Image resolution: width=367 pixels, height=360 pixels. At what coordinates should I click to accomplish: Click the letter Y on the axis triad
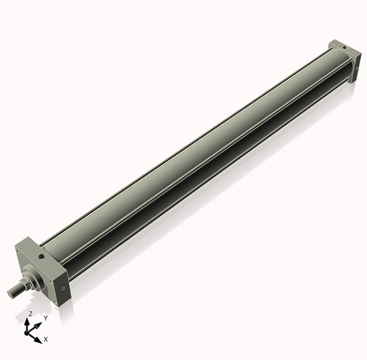[46, 318]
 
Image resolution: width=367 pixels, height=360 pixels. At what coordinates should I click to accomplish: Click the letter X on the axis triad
[46, 339]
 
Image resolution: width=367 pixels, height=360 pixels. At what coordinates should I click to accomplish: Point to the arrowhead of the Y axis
[39, 323]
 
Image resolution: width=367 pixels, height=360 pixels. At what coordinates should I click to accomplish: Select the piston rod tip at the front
[12, 292]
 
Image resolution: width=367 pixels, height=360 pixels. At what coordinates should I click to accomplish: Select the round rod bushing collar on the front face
[35, 275]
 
